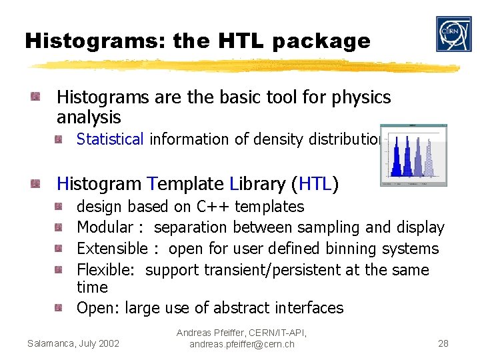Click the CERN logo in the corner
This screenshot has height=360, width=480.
tap(453, 34)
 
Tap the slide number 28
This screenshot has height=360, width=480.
tap(443, 343)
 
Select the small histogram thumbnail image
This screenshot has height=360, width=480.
tap(413, 155)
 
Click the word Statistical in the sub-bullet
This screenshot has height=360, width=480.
tap(110, 139)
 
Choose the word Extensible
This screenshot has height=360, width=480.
tap(112, 249)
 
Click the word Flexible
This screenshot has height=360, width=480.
tap(108, 270)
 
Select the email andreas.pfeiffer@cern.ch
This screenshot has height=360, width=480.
tap(241, 345)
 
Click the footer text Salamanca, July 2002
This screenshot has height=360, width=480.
tap(73, 343)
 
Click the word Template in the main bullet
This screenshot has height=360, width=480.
tap(186, 183)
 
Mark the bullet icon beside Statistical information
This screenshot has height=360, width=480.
tap(59, 139)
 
